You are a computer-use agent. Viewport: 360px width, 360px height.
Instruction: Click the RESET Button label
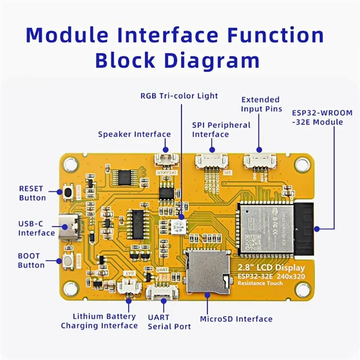(32, 193)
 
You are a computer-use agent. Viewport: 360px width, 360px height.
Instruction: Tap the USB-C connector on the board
(71, 227)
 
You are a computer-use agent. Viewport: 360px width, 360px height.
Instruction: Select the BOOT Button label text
(31, 261)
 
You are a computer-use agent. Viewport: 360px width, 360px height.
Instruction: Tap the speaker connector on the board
(165, 158)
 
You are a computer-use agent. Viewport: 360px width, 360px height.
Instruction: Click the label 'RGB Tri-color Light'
(179, 96)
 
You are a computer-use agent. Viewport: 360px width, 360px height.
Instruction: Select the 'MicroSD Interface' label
(236, 319)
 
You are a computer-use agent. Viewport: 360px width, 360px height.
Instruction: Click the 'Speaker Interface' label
(134, 134)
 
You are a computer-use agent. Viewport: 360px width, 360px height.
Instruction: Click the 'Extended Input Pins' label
(261, 104)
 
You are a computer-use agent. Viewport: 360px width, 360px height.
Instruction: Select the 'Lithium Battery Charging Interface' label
(99, 321)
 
